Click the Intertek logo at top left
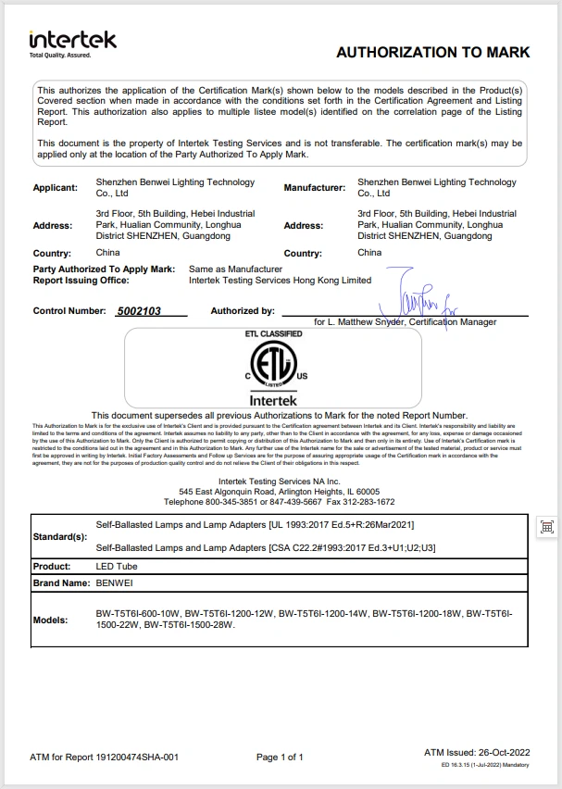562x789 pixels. tap(73, 43)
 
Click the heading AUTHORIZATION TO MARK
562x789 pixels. tap(432, 53)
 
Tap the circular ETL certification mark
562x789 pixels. tap(273, 365)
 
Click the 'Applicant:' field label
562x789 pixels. tap(56, 188)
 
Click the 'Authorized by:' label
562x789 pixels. tap(243, 311)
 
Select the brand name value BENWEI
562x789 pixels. tap(116, 583)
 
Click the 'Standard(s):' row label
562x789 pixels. tap(60, 536)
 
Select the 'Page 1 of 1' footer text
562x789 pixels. tap(280, 758)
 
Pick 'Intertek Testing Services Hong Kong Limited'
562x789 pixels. tap(280, 280)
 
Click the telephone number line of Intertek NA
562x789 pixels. tap(280, 501)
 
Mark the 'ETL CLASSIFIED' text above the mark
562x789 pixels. tap(273, 333)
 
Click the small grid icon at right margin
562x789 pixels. tap(546, 527)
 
